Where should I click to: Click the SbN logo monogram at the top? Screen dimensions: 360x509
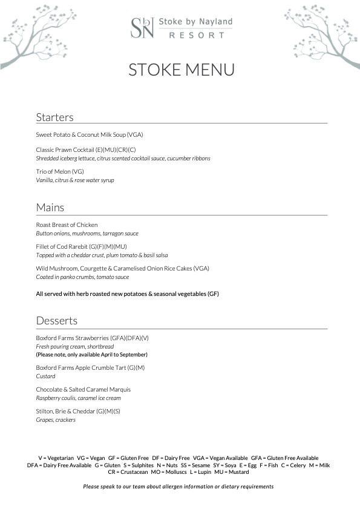(x=142, y=28)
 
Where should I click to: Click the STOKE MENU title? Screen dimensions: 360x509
(x=181, y=70)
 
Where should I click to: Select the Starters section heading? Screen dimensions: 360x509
(x=54, y=117)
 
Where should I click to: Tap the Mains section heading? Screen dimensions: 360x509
(x=50, y=208)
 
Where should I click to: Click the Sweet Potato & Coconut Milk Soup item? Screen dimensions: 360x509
(x=90, y=134)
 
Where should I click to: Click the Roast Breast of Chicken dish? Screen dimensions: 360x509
(x=67, y=225)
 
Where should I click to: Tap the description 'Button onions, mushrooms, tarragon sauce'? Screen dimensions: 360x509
(x=87, y=233)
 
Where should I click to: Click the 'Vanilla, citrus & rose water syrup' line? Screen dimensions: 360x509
(x=75, y=180)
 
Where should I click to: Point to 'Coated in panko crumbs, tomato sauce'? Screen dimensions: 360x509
(x=83, y=277)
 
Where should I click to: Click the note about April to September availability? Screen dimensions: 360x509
(x=91, y=354)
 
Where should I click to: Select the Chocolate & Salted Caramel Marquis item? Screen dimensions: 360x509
(x=83, y=389)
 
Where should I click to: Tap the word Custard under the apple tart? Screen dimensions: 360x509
(x=45, y=376)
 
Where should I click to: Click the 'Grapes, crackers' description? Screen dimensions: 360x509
(x=56, y=419)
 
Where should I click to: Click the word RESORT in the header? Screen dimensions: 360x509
(x=195, y=36)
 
